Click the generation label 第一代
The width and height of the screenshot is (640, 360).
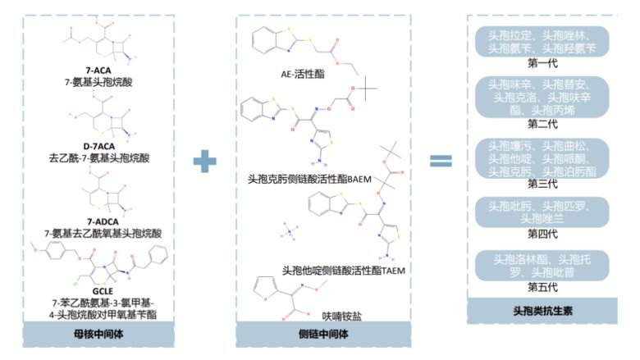tap(542, 62)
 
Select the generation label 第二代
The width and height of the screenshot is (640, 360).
tap(542, 124)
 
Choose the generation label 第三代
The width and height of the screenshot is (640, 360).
tap(542, 184)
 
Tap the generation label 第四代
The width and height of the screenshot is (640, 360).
tap(542, 234)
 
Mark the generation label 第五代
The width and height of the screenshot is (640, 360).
tap(542, 286)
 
